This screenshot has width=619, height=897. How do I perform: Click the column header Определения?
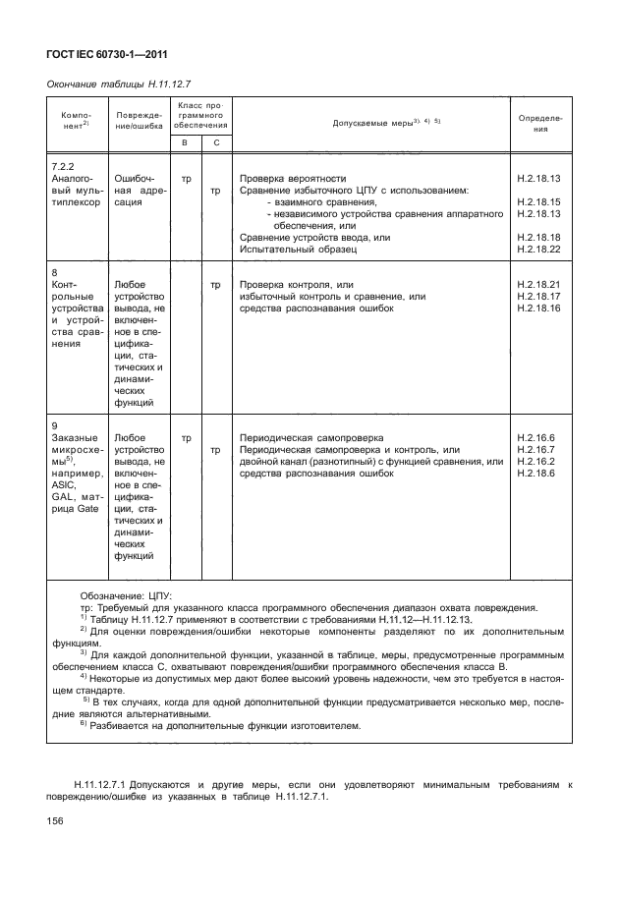539,123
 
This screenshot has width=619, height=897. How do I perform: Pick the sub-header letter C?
215,142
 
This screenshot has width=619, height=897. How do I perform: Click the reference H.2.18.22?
536,250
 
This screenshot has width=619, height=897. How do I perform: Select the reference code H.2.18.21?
536,285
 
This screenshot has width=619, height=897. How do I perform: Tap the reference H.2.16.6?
535,436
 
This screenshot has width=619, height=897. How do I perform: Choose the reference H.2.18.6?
535,473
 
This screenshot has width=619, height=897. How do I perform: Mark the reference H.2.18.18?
536,238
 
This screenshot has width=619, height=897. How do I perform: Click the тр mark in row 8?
215,285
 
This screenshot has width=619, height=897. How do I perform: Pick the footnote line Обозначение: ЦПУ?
126,596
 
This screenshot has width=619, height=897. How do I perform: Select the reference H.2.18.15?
536,202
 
